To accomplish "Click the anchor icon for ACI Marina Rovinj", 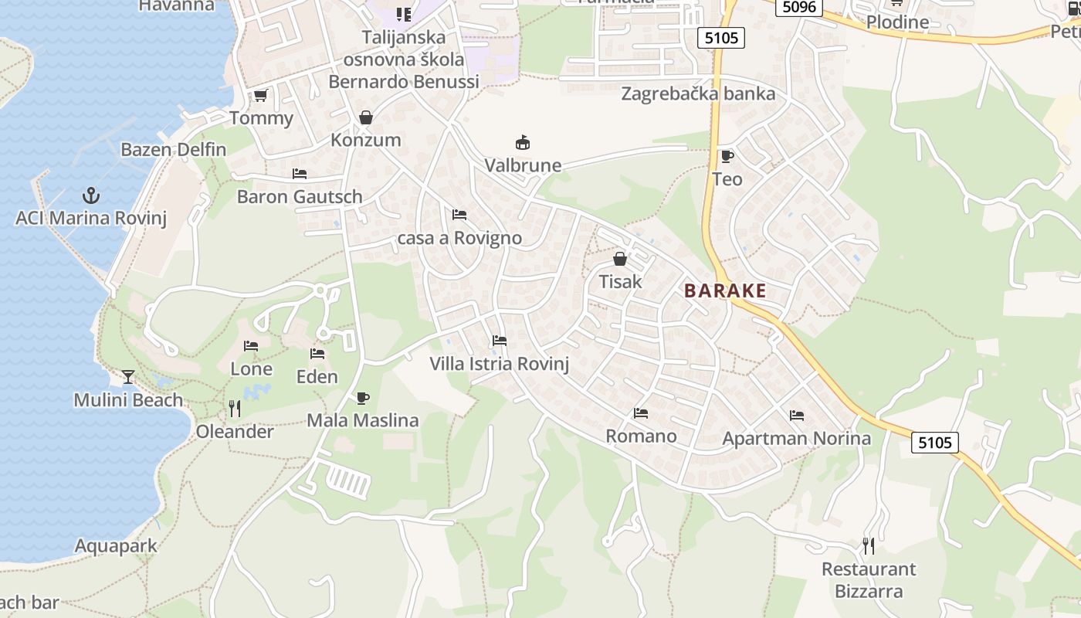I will pos(91,195).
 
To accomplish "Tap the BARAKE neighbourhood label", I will pos(725,291).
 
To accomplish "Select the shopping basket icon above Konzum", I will pos(366,118).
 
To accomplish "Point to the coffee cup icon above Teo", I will pos(727,157).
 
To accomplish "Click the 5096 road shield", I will pos(799,7).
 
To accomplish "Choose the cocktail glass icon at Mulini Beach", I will pos(128,377).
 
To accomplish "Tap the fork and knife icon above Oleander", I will pos(235,409).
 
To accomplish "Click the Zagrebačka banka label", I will pos(698,94).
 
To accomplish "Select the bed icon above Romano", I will pos(641,413).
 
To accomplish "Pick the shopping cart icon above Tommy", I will pos(261,96).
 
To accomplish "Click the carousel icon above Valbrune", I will pos(523,143).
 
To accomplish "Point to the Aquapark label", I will pos(116,546).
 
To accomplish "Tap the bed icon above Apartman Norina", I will pos(797,416).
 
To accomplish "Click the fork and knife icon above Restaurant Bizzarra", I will pos(869,546).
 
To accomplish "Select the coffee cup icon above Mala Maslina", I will pos(362,398).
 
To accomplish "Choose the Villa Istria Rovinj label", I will pos(499,364).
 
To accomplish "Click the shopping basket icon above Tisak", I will pos(620,259).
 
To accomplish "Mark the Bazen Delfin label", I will pos(174,150).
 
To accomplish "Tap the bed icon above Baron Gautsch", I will pos(300,174).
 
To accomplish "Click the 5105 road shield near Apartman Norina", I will pos(935,443).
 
